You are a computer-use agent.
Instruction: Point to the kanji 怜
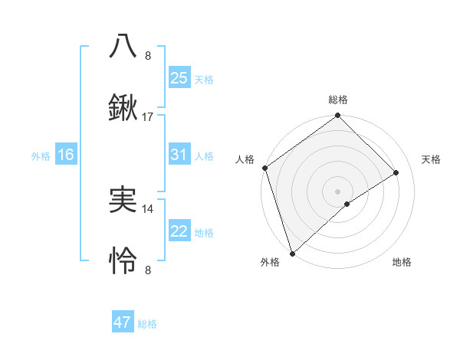tap(123, 261)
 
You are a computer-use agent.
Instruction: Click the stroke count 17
tap(148, 117)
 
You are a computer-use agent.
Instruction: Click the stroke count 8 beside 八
tap(148, 55)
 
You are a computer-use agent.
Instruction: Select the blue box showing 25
tap(179, 77)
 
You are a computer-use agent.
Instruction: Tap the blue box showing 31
tap(179, 155)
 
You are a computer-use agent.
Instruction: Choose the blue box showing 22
tap(179, 231)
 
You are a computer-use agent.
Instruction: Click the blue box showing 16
tap(66, 155)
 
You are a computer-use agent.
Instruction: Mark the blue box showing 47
tap(123, 322)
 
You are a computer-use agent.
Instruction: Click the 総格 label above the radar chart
tap(338, 100)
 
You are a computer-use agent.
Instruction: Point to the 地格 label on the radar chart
tap(402, 262)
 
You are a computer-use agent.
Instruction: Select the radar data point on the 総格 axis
tap(337, 116)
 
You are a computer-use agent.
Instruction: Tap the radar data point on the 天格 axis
tap(396, 172)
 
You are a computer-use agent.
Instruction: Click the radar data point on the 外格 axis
tap(292, 253)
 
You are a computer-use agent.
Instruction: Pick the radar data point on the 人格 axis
tap(264, 168)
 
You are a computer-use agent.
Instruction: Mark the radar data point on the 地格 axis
tap(347, 204)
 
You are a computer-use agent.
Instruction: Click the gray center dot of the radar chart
tap(337, 191)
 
